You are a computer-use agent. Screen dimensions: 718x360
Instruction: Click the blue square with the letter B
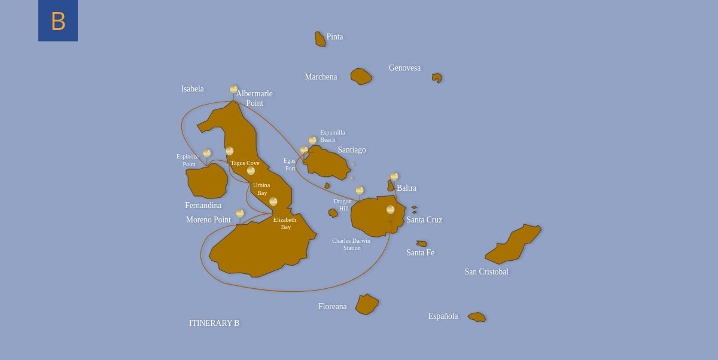coord(58,21)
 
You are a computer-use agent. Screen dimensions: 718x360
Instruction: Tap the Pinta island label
coord(334,37)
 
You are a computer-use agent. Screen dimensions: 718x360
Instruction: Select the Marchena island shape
coord(361,77)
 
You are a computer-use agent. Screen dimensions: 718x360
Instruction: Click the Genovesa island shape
coord(437,78)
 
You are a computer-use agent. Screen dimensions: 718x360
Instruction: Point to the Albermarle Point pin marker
coord(233,89)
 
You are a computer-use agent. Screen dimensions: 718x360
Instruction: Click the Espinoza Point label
coord(188,160)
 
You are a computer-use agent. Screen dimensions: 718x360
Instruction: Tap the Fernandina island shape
coord(207,181)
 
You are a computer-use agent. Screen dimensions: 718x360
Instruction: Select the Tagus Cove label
coord(245,163)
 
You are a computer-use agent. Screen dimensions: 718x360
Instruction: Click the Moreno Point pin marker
coord(240,213)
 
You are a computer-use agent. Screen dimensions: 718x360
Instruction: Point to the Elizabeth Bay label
coord(285,224)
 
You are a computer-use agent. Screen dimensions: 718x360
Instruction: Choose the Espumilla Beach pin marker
coord(312,141)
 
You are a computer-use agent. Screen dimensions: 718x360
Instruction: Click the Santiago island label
coord(351,150)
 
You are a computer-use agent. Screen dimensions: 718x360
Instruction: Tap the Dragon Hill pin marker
coord(360,191)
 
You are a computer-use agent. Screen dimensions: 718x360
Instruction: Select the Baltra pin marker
coord(394,176)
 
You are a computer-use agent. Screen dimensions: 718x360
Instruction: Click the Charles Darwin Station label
coord(351,244)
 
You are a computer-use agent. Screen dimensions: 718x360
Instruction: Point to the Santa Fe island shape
coord(422,243)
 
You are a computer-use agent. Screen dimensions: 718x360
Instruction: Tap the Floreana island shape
coord(366,304)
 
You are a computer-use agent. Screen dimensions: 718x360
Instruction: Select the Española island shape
coord(477,317)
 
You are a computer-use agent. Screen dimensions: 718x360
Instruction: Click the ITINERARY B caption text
coord(214,324)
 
